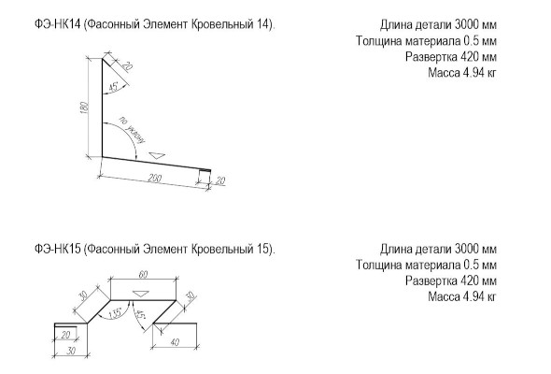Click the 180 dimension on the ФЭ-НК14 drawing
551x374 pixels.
click(x=84, y=108)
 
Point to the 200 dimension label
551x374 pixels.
click(x=154, y=178)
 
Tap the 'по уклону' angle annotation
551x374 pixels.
click(x=132, y=129)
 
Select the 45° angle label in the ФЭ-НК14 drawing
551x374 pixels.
click(x=114, y=87)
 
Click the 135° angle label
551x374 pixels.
click(x=115, y=313)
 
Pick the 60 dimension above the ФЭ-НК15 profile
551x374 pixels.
click(x=143, y=275)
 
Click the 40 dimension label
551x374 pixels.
click(x=175, y=341)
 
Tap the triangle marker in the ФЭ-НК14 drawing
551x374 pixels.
click(x=157, y=155)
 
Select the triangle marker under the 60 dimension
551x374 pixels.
click(x=141, y=293)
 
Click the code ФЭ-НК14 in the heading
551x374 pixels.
click(x=58, y=24)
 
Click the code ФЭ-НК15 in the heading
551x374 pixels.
click(x=58, y=249)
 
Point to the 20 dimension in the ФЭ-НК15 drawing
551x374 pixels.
click(x=65, y=335)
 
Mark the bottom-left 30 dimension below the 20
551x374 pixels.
click(x=71, y=351)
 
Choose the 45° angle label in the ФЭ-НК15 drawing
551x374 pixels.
click(x=140, y=314)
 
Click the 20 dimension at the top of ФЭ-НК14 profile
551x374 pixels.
click(x=127, y=65)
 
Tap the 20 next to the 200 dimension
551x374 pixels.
click(x=220, y=180)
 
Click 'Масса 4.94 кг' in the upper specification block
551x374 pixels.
click(x=462, y=73)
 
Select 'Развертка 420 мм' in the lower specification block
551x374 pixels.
click(x=451, y=280)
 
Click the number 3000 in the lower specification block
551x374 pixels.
click(x=467, y=249)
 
